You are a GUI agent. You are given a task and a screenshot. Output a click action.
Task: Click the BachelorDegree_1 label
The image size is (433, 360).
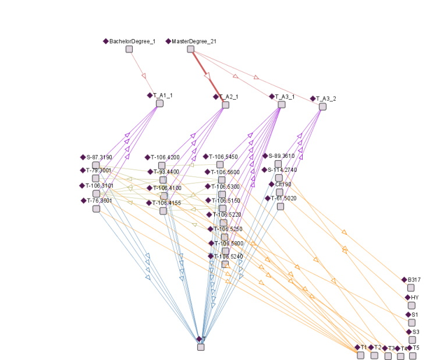(x=132, y=41)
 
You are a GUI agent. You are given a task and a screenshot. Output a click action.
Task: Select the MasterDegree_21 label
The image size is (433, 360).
(x=195, y=41)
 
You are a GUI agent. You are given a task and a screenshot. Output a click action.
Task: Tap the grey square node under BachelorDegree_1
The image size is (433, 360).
(x=129, y=50)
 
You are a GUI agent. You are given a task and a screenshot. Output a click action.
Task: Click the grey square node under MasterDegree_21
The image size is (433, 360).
(x=190, y=50)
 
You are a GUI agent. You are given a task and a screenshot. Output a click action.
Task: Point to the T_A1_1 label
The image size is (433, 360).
(x=163, y=95)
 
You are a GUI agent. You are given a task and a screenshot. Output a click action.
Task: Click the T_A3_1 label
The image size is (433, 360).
(x=284, y=97)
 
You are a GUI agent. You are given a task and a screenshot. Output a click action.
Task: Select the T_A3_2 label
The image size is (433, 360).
(x=326, y=98)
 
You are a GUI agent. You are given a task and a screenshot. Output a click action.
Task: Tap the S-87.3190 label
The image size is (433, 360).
(x=99, y=157)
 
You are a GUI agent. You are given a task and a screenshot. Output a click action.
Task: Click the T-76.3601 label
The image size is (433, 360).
(x=99, y=200)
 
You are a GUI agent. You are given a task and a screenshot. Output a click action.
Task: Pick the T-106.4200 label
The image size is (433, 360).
(x=165, y=157)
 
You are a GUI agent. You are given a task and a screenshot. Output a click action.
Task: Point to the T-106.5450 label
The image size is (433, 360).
(x=223, y=156)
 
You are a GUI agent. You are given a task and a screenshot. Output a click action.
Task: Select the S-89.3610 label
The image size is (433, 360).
(x=282, y=156)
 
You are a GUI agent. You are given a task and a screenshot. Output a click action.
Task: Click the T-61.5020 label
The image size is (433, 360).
(x=283, y=198)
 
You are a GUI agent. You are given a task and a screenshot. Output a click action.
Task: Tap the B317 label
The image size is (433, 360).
(x=415, y=280)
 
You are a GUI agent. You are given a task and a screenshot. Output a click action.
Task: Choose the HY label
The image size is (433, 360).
(x=414, y=297)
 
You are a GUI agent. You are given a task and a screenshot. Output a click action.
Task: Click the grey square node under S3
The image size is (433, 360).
(x=413, y=340)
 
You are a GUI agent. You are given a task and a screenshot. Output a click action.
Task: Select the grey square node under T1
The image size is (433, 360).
(x=361, y=355)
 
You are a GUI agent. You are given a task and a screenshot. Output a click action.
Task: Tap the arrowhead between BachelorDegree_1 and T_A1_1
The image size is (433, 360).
(x=143, y=76)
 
